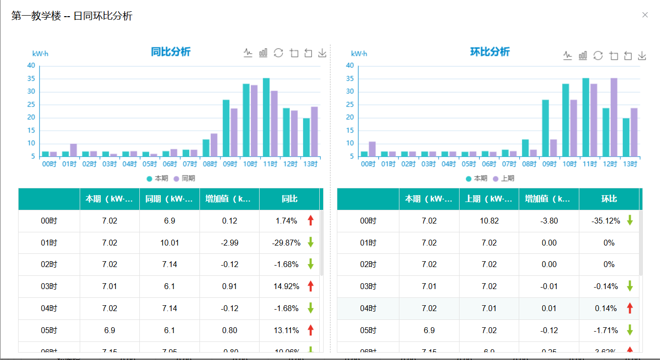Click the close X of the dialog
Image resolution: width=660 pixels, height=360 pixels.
[x=645, y=15]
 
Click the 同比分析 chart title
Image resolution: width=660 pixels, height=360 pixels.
[x=171, y=52]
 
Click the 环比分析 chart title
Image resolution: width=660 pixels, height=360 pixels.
[x=490, y=52]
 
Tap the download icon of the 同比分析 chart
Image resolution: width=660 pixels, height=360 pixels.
[x=322, y=53]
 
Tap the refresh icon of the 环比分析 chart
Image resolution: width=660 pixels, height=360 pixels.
[x=598, y=55]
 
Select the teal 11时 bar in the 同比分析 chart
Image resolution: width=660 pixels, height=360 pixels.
[x=266, y=117]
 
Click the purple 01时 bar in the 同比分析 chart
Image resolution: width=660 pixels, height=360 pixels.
[x=73, y=150]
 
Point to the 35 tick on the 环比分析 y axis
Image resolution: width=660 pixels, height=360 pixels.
[x=350, y=79]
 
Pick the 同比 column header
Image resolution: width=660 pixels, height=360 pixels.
[x=289, y=199]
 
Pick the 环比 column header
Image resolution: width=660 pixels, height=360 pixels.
[x=609, y=199]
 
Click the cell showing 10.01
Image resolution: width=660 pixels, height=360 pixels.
[x=170, y=243]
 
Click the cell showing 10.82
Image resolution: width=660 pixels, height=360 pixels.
[x=489, y=221]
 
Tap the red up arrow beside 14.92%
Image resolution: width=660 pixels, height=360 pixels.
[x=310, y=286]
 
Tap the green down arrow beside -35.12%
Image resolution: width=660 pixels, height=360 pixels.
[x=630, y=221]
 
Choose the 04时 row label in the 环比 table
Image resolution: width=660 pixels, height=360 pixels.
[x=368, y=308]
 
